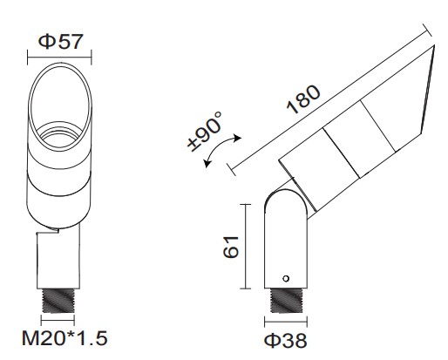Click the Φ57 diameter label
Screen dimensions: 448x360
[x=61, y=42]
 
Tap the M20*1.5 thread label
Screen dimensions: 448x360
[x=64, y=338]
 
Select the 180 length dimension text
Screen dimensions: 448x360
[x=303, y=99]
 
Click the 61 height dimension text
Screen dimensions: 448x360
[x=231, y=247]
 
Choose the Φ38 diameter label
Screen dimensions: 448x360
[x=286, y=340]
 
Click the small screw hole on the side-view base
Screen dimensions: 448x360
[x=286, y=278]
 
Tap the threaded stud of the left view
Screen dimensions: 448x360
[x=58, y=301]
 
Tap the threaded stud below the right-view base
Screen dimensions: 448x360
[x=286, y=301]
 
